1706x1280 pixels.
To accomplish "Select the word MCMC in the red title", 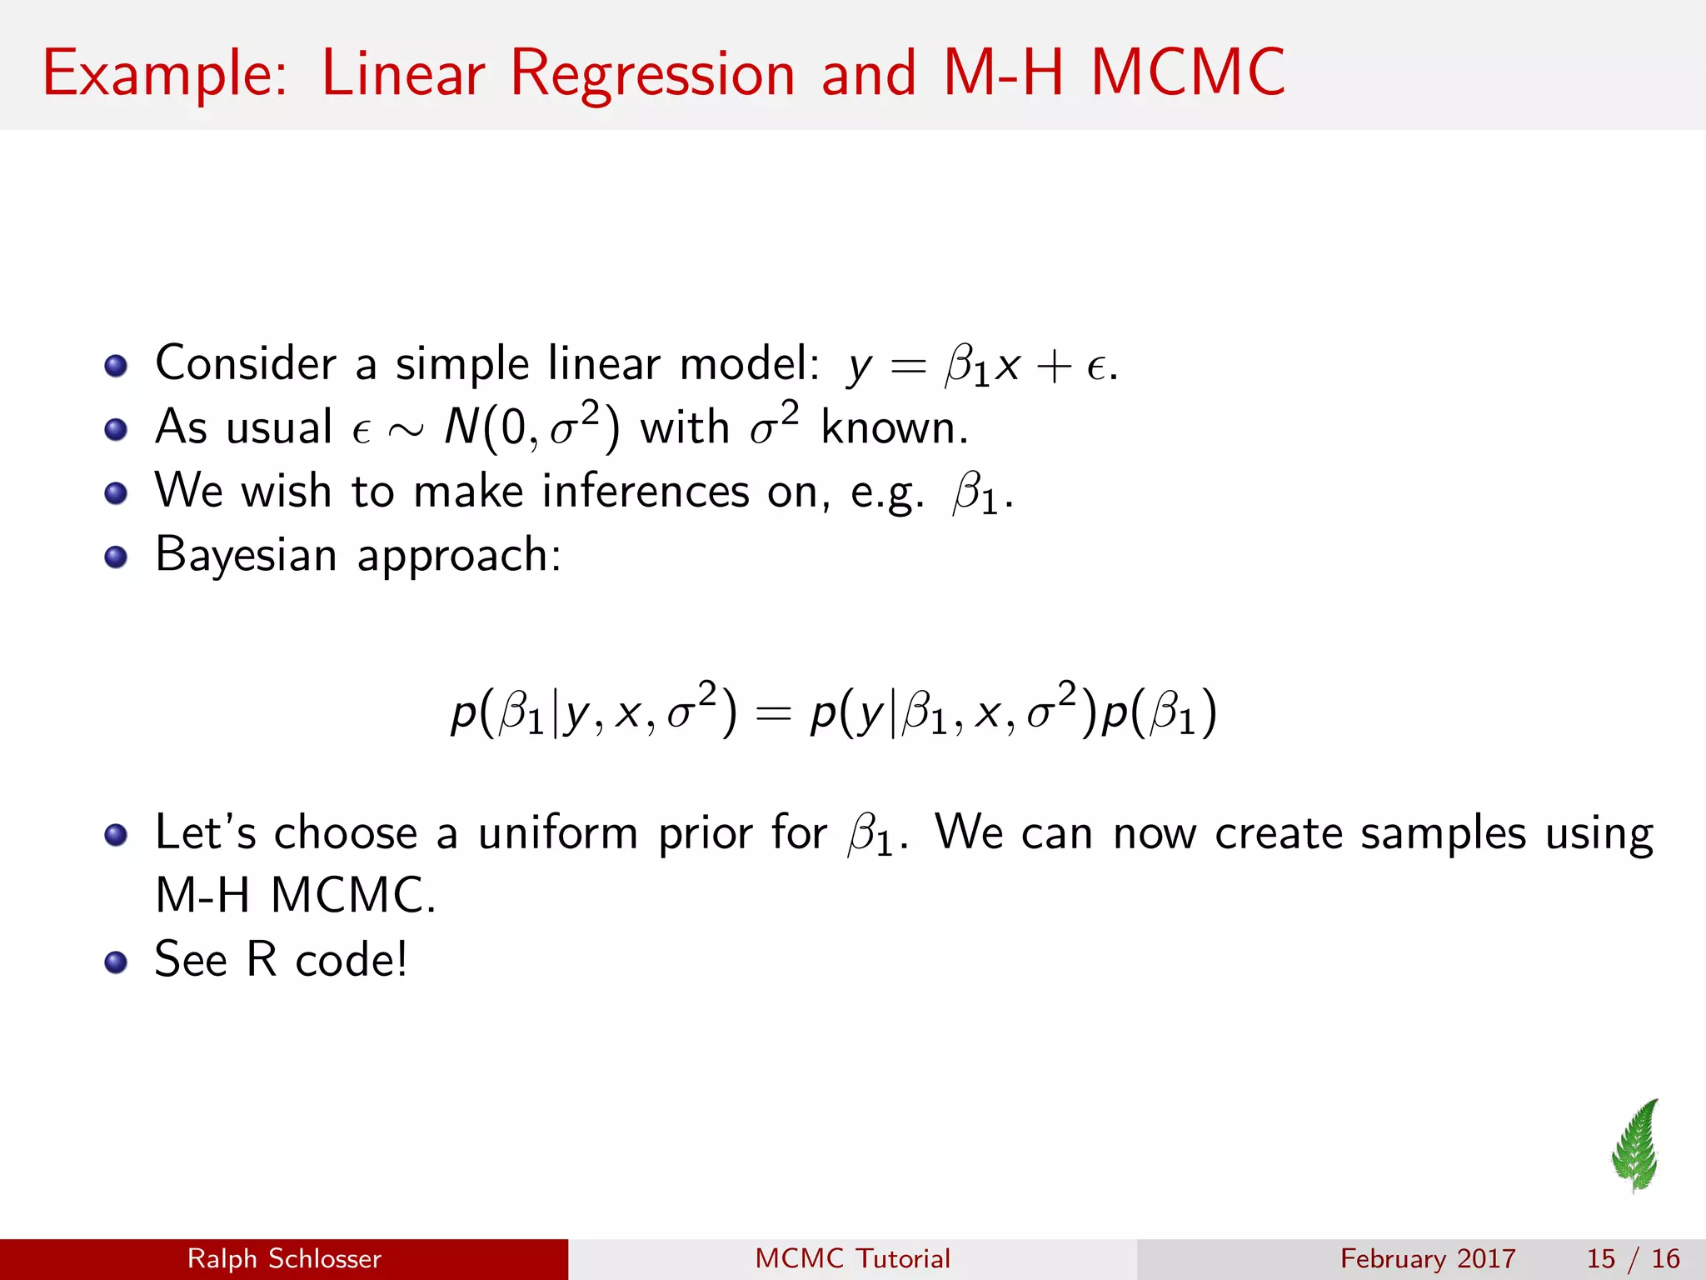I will coord(1188,73).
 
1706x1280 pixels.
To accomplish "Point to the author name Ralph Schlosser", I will coord(284,1258).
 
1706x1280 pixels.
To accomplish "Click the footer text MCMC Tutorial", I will coord(852,1258).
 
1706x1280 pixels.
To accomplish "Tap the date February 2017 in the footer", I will coord(1428,1258).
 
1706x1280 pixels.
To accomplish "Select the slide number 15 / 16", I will coord(1633,1258).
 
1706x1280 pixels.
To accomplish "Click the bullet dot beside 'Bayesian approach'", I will coord(116,557).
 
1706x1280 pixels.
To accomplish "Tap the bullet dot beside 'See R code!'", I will coord(116,962).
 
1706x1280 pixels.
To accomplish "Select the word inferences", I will coord(646,491).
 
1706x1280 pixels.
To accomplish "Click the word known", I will coord(893,427).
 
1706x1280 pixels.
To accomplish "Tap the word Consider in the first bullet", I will coord(246,363).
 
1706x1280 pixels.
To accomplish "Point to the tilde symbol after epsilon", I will coord(407,429).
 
